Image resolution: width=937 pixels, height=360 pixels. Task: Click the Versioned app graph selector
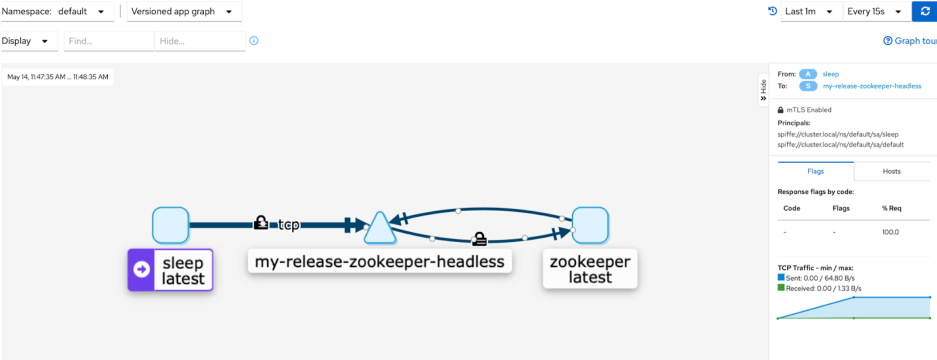182,11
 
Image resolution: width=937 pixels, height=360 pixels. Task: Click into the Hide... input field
199,41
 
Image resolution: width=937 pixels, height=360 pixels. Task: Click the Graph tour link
910,41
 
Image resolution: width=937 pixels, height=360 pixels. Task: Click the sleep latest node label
182,270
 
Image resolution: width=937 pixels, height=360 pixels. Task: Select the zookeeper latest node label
590,269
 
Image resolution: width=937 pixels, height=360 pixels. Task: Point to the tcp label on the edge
288,224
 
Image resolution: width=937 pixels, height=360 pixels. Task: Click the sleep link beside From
830,74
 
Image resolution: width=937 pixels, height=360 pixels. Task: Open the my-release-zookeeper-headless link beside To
871,86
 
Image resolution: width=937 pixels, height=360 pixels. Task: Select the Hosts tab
891,171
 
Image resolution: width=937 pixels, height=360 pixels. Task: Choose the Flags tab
815,171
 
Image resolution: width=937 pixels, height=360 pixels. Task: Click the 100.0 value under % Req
890,232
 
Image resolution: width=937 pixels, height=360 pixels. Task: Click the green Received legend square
781,287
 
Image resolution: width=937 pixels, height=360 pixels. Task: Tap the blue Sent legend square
781,277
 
